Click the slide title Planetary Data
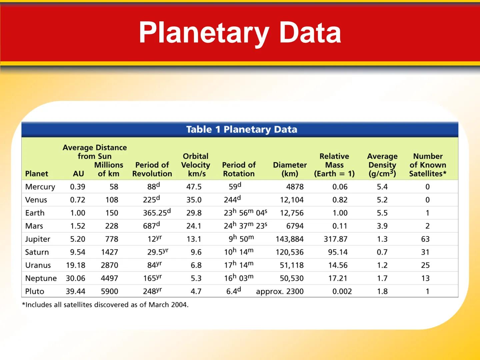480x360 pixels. click(x=240, y=33)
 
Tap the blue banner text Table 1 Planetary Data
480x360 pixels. click(x=241, y=129)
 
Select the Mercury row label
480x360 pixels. click(x=40, y=187)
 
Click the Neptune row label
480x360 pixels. click(x=41, y=278)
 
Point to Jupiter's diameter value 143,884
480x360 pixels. click(x=289, y=239)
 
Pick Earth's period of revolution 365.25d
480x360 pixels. click(x=157, y=213)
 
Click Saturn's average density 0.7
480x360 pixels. click(x=382, y=252)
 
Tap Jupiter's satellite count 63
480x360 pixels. click(x=425, y=239)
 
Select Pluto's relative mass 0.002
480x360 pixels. click(x=342, y=292)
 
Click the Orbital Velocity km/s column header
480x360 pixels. click(x=196, y=165)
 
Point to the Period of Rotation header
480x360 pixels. click(x=239, y=169)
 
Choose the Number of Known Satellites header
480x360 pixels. click(x=428, y=165)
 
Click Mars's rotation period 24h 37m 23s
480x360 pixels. click(x=245, y=226)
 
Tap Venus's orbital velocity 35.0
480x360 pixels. click(x=194, y=200)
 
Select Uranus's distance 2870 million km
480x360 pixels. click(x=109, y=265)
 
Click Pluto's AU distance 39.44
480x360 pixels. click(x=75, y=292)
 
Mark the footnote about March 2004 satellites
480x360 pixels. click(x=105, y=305)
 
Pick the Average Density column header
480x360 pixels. click(x=382, y=165)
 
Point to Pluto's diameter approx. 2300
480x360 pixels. click(x=280, y=292)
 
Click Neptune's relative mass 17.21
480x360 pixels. click(x=338, y=278)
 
